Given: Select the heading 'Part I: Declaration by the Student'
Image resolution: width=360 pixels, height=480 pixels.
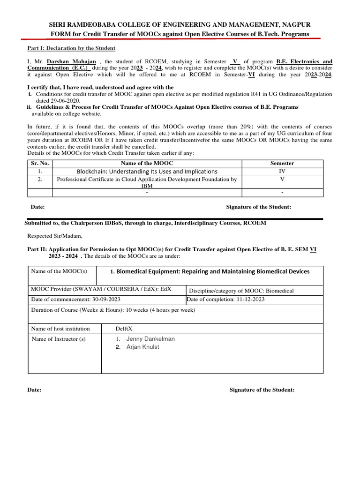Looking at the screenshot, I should pos(71,48).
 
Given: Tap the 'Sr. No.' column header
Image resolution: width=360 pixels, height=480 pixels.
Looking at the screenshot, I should pos(40,163).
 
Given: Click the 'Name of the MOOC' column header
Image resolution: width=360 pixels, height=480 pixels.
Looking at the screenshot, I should pos(147,163).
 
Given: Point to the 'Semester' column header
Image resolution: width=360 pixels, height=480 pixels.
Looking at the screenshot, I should pos(282,163).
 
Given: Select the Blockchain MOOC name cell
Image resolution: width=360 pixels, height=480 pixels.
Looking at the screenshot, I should pos(147,172).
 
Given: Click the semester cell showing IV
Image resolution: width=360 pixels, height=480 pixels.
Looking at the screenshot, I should pos(282,172).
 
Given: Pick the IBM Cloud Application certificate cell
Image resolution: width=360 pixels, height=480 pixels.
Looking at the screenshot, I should pos(147,182).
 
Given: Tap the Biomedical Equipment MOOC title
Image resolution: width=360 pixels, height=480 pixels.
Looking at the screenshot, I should pos(210,271).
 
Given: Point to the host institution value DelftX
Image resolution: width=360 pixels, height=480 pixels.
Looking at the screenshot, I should pos(124,329).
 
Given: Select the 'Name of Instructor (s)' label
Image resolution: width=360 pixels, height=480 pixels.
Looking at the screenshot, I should pos(59,339).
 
